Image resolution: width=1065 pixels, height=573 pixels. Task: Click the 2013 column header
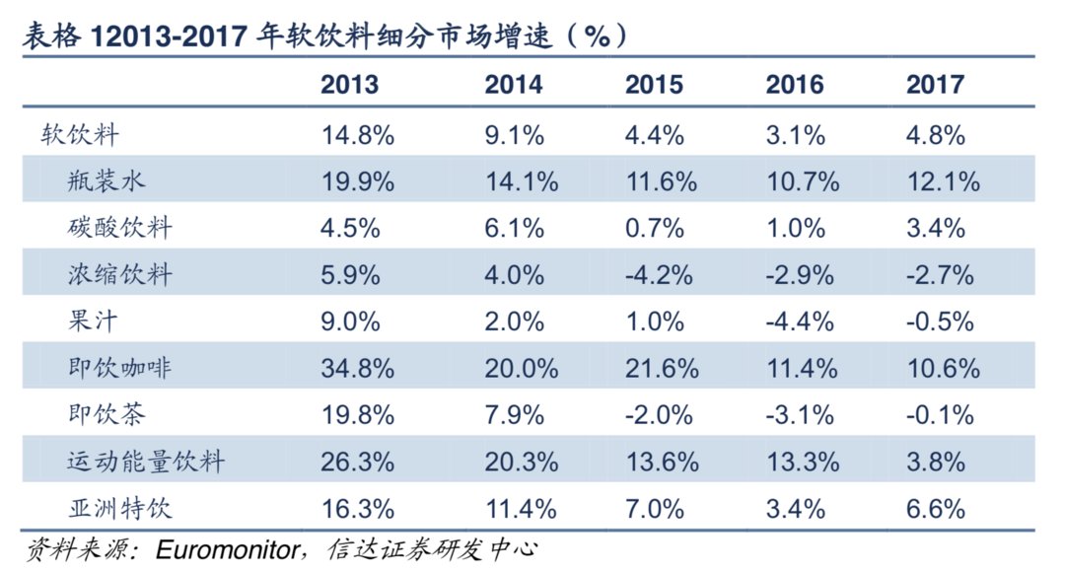pyautogui.click(x=349, y=85)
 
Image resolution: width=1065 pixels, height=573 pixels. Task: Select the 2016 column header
pyautogui.click(x=794, y=85)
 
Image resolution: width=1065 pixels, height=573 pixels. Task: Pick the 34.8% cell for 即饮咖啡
pyautogui.click(x=358, y=369)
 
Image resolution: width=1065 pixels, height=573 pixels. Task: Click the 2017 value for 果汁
pyautogui.click(x=941, y=322)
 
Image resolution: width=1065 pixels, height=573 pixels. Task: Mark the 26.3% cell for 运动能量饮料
pyautogui.click(x=358, y=463)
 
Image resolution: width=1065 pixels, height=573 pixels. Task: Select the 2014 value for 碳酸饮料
pyautogui.click(x=514, y=228)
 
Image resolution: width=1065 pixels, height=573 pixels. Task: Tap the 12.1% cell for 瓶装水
pyautogui.click(x=943, y=181)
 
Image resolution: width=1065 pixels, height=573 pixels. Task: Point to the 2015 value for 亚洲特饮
pyautogui.click(x=655, y=509)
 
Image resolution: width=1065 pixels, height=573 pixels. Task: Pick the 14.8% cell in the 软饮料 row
pyautogui.click(x=358, y=135)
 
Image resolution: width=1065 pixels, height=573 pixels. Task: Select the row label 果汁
pyautogui.click(x=95, y=322)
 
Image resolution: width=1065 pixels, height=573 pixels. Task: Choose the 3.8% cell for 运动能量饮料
pyautogui.click(x=936, y=463)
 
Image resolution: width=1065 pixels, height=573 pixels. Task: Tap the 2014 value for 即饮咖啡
pyautogui.click(x=522, y=369)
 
